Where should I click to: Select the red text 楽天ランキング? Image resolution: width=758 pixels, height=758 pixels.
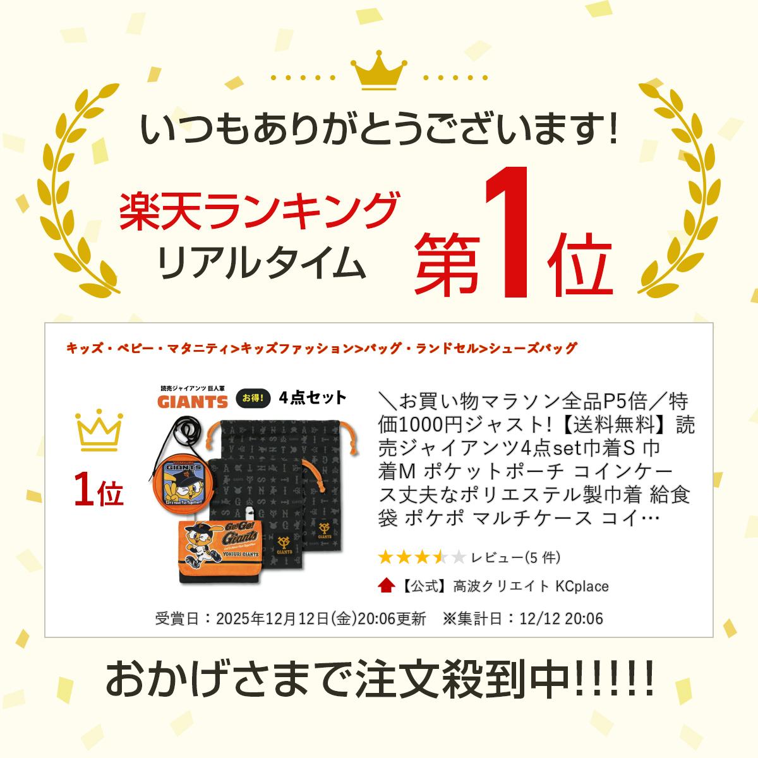[260, 211]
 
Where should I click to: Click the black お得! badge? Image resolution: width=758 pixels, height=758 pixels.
[253, 399]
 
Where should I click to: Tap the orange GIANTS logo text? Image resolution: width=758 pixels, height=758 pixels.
[193, 402]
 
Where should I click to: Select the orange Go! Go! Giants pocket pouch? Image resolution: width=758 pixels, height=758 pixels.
[220, 551]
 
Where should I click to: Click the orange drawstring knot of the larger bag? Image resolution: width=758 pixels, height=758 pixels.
[347, 437]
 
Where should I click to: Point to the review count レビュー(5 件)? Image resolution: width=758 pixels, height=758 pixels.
[515, 557]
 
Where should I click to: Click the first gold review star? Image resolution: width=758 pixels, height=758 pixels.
[386, 557]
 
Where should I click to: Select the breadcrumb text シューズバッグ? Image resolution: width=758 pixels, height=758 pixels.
[533, 348]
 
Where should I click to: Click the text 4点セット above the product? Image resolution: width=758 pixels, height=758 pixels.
[313, 398]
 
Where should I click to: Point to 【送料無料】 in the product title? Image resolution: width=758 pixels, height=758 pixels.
[617, 425]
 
